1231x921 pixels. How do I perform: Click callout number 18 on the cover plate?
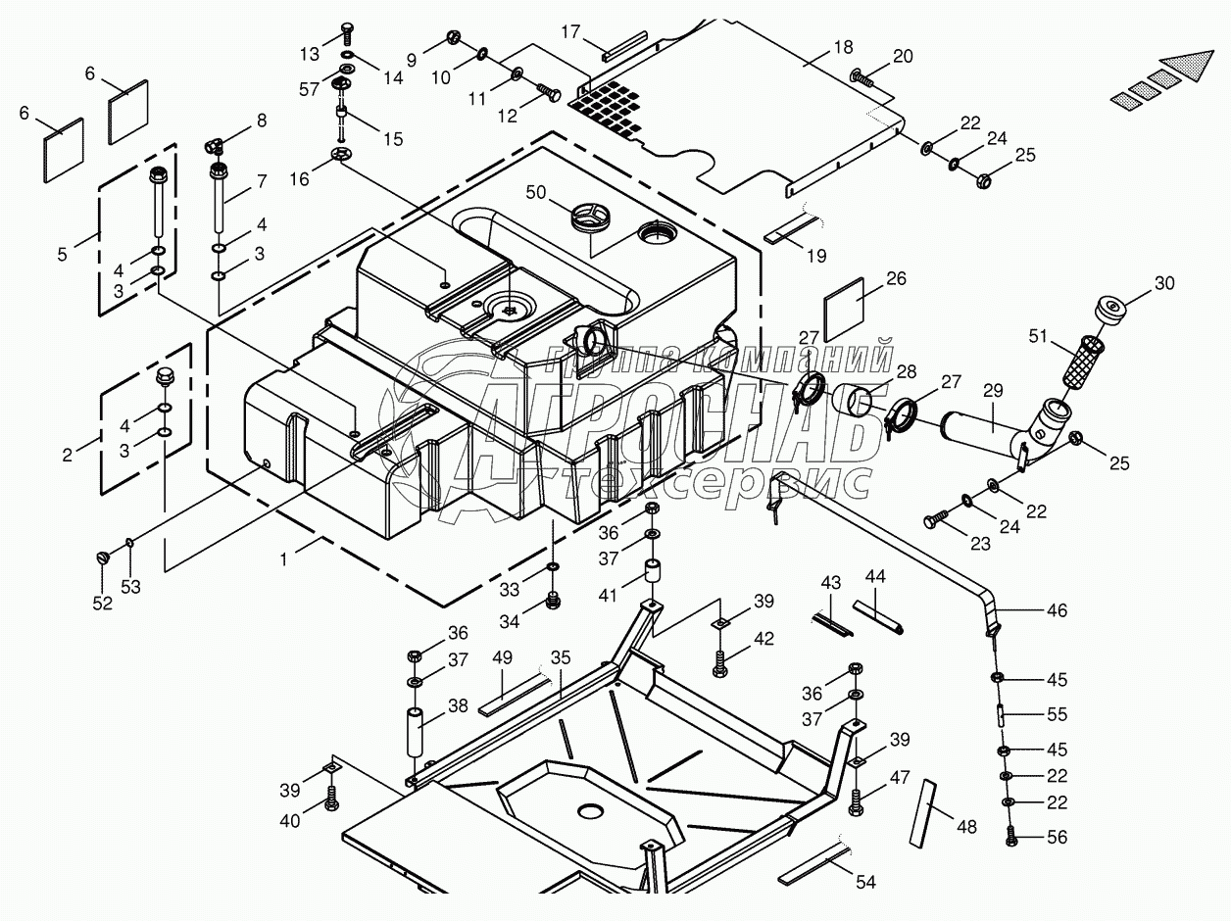point(844,46)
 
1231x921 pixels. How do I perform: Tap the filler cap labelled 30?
point(1110,309)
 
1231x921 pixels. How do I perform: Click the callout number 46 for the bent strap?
point(1057,609)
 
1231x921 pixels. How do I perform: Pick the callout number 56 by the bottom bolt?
point(1057,838)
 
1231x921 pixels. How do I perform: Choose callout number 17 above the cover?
point(571,32)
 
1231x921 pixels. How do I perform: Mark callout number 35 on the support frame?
point(561,657)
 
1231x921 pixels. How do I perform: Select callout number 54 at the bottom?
point(864,882)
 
